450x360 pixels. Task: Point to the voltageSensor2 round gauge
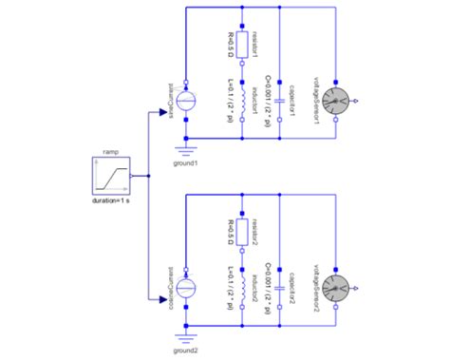(x=336, y=288)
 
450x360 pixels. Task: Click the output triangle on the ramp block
(x=135, y=176)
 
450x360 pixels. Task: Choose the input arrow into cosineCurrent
(x=162, y=302)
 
